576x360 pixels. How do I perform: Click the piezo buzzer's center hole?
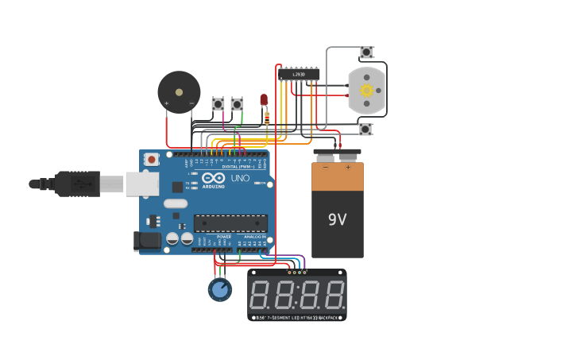[x=179, y=92]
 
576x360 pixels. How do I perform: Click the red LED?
[x=264, y=99]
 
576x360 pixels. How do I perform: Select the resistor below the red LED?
[x=267, y=117]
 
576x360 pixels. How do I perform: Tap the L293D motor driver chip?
[x=300, y=75]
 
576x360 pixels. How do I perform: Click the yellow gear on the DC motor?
[x=366, y=91]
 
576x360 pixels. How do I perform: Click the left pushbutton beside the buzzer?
[x=218, y=104]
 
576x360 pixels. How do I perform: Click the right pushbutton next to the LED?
[x=237, y=104]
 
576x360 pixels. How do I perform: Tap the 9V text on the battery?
[x=338, y=219]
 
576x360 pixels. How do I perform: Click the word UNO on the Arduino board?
[x=241, y=178]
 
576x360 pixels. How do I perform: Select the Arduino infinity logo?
[x=213, y=179]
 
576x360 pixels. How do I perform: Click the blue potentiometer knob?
[x=220, y=289]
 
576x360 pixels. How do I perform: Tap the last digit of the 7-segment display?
[x=334, y=295]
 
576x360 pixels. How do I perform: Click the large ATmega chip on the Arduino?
[x=230, y=223]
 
